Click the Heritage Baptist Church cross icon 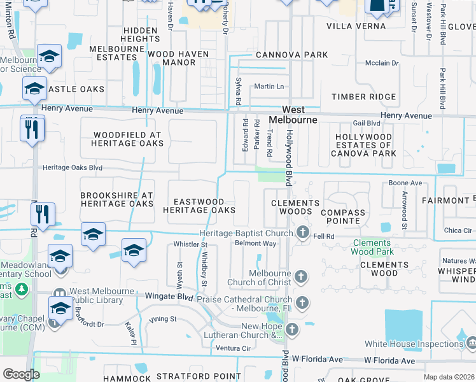(303, 233)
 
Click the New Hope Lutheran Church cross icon (292, 329)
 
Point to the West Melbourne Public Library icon (59, 295)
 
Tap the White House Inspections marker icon (471, 344)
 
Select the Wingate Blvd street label (167, 297)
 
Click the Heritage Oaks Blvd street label (73, 167)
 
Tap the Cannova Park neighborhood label (292, 55)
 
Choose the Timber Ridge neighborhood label (363, 97)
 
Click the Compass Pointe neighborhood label (343, 213)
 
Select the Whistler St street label (191, 244)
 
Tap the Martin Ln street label (269, 87)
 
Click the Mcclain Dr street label (381, 63)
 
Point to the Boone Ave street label (405, 183)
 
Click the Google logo (21, 374)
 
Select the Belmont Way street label (255, 243)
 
